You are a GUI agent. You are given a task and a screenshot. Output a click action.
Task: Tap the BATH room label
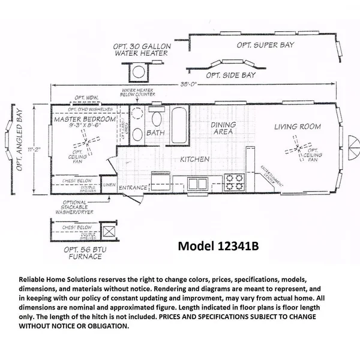[155, 133]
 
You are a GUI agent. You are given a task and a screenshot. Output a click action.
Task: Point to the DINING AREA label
[223, 128]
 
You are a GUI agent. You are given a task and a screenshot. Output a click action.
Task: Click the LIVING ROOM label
[297, 127]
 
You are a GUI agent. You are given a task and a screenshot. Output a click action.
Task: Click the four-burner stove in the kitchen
[232, 181]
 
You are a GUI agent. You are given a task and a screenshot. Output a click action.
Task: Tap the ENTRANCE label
[133, 188]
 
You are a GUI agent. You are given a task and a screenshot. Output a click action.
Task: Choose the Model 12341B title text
[221, 247]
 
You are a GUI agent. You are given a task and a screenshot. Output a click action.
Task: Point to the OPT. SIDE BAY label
[230, 75]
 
